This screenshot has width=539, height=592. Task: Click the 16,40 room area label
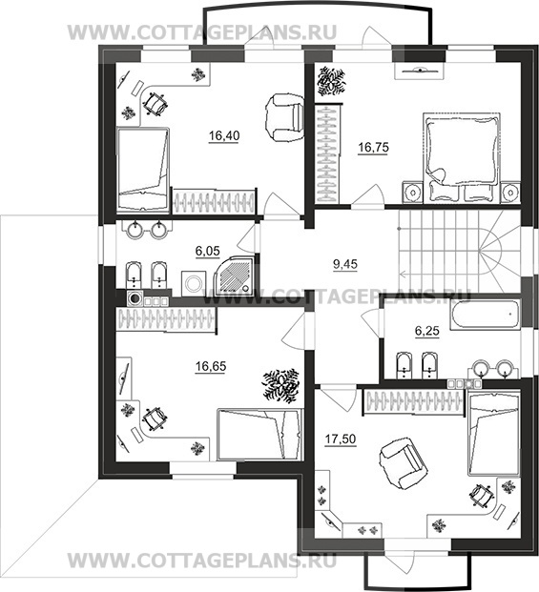224,135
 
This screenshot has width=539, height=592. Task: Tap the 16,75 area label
373,147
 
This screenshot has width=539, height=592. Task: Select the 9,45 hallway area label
344,264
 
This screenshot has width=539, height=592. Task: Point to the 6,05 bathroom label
207,251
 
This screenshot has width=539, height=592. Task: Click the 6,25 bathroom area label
426,331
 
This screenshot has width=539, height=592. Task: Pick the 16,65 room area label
211,366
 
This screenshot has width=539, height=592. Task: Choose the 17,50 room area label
341,439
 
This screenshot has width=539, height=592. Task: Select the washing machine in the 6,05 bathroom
195,283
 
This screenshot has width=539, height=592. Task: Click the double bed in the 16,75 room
462,157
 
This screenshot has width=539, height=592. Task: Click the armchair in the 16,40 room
285,117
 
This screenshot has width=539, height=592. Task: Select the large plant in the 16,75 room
331,81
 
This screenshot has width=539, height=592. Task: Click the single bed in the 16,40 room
143,169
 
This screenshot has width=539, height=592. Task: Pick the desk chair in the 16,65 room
155,418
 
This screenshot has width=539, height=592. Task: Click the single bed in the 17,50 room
493,433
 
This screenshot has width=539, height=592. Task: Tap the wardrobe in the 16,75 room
328,154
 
